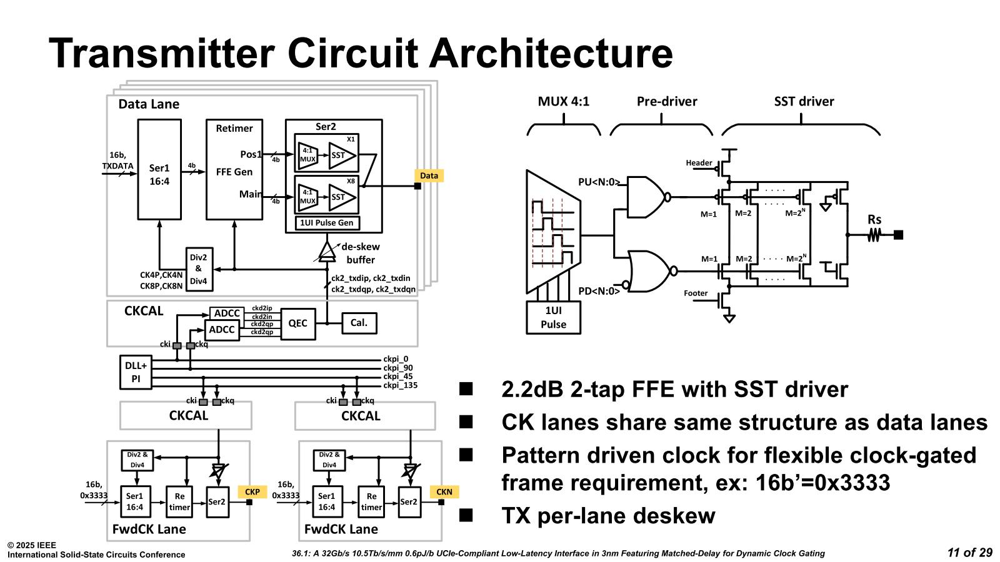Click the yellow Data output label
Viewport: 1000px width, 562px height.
point(429,175)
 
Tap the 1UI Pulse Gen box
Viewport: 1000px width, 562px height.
point(327,223)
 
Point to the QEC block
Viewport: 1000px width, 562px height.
point(298,323)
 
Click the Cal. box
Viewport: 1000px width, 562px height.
point(359,323)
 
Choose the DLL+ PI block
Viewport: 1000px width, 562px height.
point(136,372)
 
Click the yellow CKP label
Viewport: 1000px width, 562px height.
point(252,492)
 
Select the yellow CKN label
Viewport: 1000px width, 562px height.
point(444,492)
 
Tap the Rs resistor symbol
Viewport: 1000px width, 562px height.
point(874,235)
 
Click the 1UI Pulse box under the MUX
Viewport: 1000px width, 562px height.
point(553,318)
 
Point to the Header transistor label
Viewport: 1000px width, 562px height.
point(699,163)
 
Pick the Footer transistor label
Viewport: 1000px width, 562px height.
point(696,293)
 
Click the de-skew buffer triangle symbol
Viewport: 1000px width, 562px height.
point(327,251)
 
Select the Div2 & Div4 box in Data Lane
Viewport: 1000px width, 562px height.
point(198,269)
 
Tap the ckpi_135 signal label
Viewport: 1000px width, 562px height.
point(400,385)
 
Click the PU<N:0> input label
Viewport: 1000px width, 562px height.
point(599,182)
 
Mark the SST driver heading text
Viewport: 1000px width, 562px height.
point(804,102)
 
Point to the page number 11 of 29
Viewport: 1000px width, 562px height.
point(969,553)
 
